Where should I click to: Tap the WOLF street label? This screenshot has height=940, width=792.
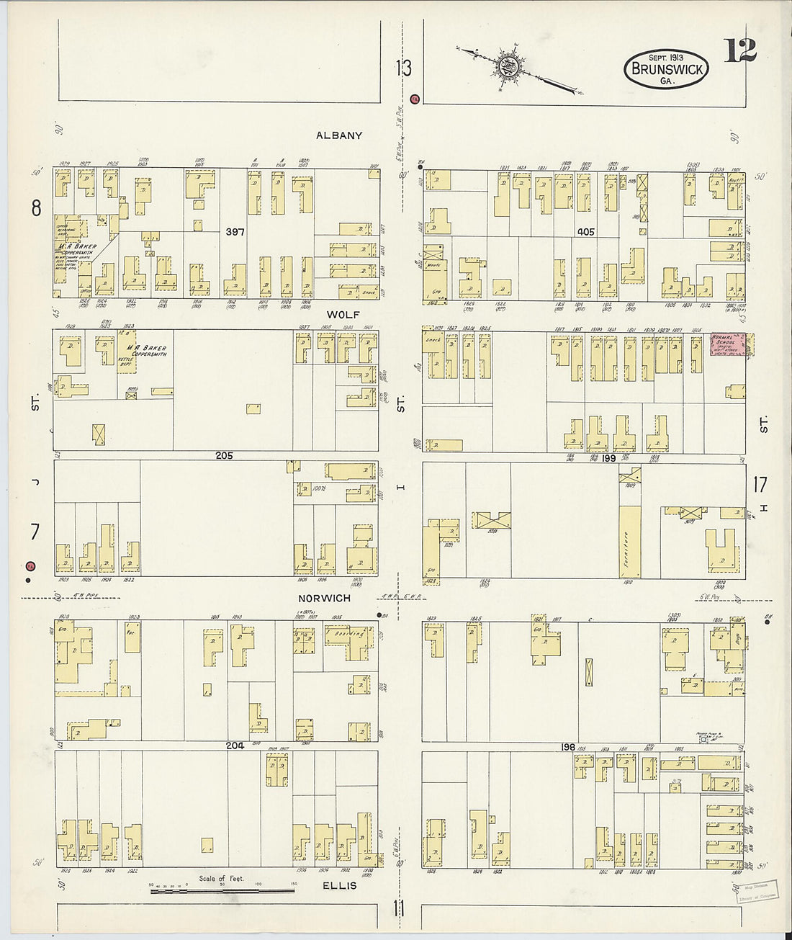pyautogui.click(x=343, y=315)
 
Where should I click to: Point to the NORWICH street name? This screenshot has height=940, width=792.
pyautogui.click(x=325, y=598)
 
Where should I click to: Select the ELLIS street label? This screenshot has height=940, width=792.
pyautogui.click(x=339, y=885)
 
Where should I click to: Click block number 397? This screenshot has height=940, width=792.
pyautogui.click(x=235, y=232)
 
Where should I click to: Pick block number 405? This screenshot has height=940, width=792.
pyautogui.click(x=585, y=232)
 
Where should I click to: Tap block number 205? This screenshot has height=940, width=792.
pyautogui.click(x=224, y=455)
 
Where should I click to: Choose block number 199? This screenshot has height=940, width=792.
pyautogui.click(x=609, y=457)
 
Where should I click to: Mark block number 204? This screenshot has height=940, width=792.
pyautogui.click(x=235, y=746)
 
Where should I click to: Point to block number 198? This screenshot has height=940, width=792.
pyautogui.click(x=568, y=747)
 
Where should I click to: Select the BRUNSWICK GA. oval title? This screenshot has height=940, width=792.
pyautogui.click(x=666, y=69)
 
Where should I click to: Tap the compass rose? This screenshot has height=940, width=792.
pyautogui.click(x=510, y=67)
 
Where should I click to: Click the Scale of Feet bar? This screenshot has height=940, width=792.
pyautogui.click(x=222, y=891)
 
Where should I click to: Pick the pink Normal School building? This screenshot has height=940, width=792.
pyautogui.click(x=728, y=344)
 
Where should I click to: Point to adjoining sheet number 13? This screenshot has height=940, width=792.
pyautogui.click(x=403, y=68)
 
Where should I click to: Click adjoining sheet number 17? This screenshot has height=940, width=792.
pyautogui.click(x=760, y=484)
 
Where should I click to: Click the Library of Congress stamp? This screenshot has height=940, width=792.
pyautogui.click(x=757, y=890)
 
